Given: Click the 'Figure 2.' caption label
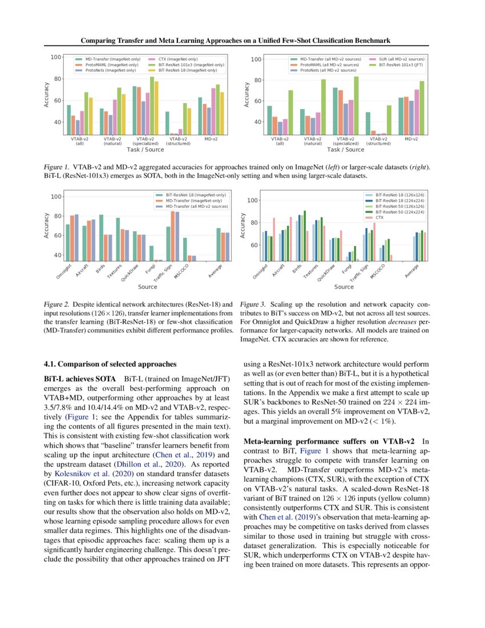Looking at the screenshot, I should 57,304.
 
